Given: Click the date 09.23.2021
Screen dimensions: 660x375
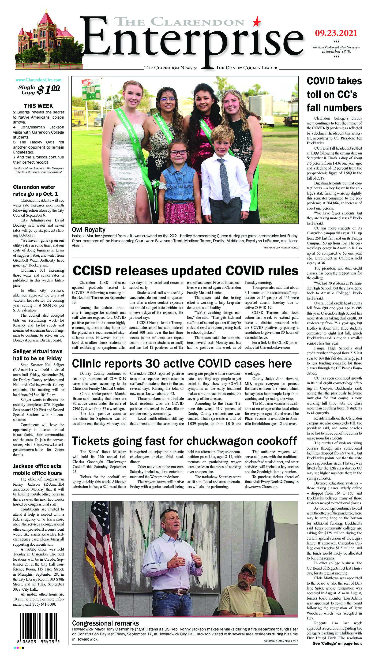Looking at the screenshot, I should click(x=336, y=33).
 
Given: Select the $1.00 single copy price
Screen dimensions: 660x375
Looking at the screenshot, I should click(x=49, y=89).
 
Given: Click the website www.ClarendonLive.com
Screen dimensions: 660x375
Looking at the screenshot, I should click(x=39, y=80).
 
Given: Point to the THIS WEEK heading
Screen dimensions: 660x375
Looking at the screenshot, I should click(x=39, y=106).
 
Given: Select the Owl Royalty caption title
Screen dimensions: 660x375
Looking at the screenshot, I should click(x=88, y=230).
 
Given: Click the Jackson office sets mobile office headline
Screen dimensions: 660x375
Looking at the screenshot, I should click(x=37, y=469).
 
